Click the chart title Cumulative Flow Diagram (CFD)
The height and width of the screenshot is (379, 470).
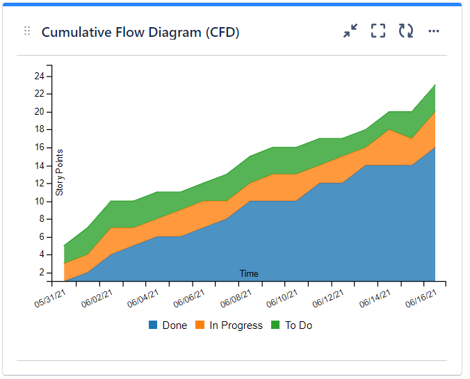pos(140,32)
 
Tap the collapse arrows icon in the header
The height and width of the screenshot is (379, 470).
pos(350,31)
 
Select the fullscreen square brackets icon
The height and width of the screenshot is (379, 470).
pos(378,31)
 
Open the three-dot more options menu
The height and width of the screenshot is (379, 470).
pos(434,31)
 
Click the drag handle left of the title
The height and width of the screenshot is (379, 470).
pos(27,31)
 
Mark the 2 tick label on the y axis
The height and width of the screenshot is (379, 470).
pos(42,273)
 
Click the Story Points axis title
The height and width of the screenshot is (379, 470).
pos(60,172)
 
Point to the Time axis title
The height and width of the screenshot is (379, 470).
pos(249,274)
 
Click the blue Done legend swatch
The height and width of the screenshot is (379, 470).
pos(153,325)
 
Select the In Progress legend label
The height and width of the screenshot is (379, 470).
pos(237,325)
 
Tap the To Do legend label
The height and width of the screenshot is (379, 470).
pos(298,325)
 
